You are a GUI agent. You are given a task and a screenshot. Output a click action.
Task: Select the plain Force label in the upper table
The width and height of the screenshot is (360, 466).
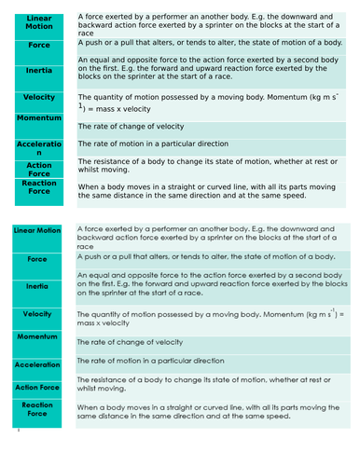(x=39, y=44)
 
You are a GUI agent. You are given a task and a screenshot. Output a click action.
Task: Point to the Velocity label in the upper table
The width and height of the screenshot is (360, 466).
(x=39, y=97)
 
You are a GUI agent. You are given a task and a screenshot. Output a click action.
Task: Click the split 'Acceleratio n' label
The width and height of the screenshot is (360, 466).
(x=39, y=148)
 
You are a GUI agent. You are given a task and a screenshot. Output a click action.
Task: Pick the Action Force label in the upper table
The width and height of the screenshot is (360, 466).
(x=39, y=170)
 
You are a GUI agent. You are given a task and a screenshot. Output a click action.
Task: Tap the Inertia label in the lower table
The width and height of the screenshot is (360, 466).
(x=37, y=286)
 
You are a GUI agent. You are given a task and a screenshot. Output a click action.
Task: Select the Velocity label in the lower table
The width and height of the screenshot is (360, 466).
(x=37, y=314)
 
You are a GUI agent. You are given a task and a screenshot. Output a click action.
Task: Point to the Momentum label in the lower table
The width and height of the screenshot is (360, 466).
(x=37, y=336)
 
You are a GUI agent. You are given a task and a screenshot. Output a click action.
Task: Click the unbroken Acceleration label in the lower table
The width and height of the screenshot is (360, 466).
(x=37, y=364)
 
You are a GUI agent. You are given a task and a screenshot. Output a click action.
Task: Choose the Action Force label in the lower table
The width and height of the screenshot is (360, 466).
(x=37, y=387)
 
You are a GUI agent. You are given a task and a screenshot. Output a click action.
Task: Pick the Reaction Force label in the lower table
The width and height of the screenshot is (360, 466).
(x=37, y=410)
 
